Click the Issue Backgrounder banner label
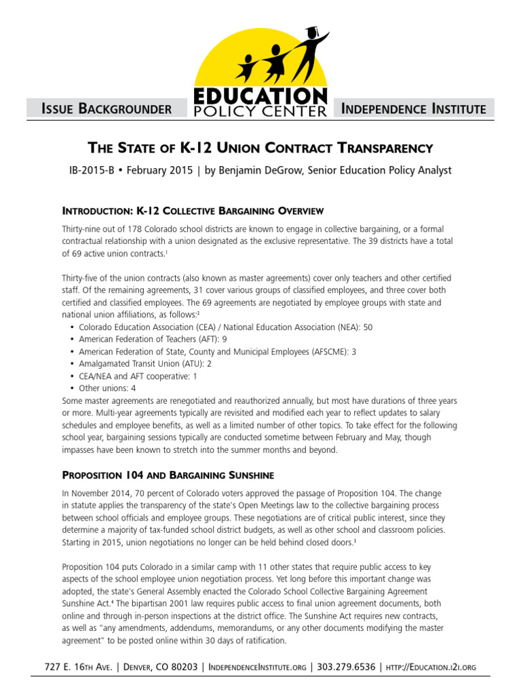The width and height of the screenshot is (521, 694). pyautogui.click(x=106, y=108)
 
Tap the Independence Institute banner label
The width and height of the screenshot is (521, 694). pyautogui.click(x=414, y=108)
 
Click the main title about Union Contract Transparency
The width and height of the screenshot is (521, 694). pyautogui.click(x=260, y=147)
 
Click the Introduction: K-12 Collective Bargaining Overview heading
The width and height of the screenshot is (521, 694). pyautogui.click(x=193, y=211)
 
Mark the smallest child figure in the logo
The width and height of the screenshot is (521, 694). pyautogui.click(x=245, y=66)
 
